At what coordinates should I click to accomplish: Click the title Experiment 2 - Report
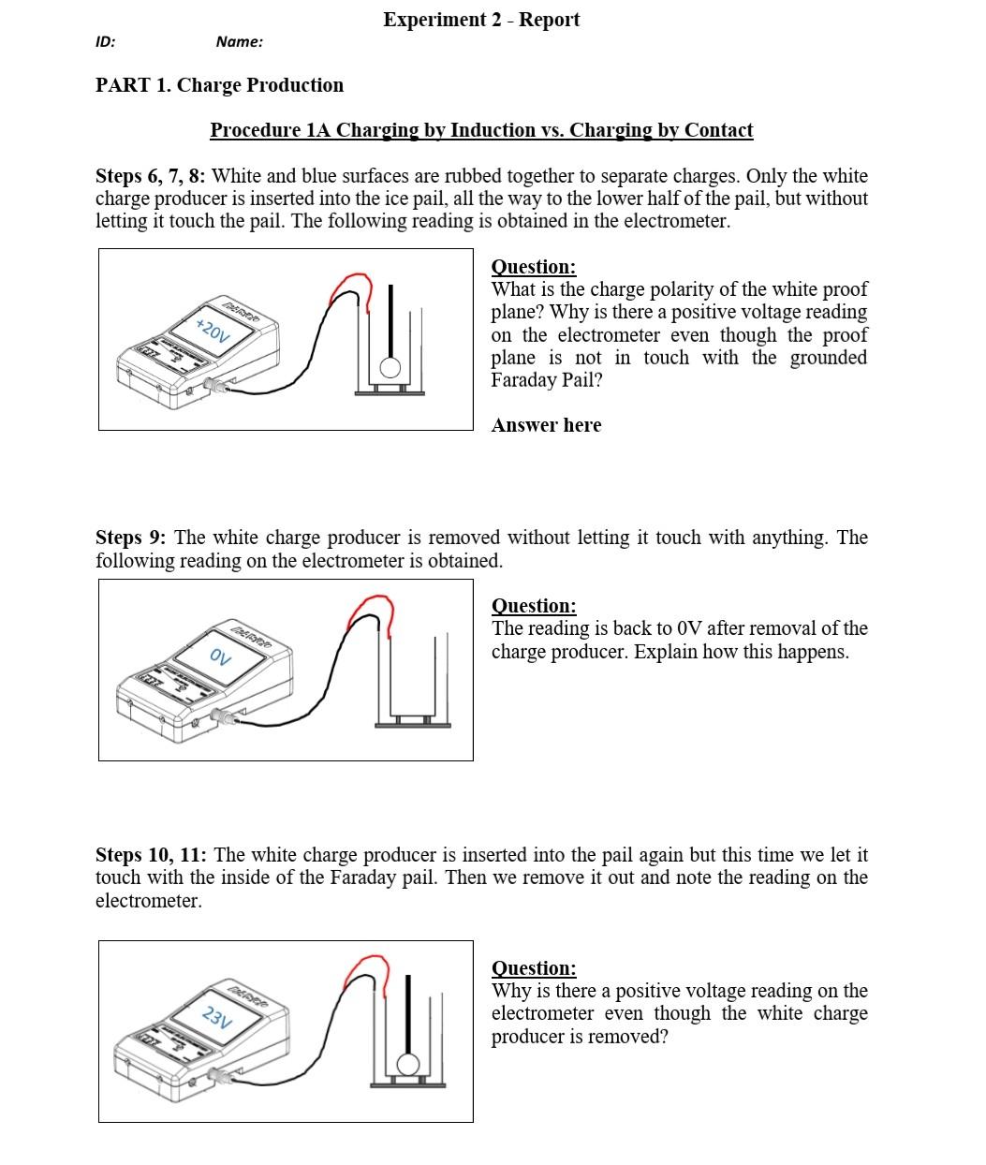(481, 20)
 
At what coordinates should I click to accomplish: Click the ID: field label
(106, 41)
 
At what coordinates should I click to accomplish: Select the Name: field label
(239, 41)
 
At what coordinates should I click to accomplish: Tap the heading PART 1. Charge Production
(219, 85)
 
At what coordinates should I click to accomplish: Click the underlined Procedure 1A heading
(481, 130)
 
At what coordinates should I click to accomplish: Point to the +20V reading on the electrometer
(213, 331)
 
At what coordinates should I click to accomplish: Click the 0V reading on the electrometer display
(220, 656)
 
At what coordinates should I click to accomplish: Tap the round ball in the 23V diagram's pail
(408, 1065)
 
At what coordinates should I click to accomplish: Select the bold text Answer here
(546, 425)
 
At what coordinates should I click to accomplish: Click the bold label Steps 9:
(131, 538)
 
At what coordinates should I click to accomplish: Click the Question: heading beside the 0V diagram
(534, 606)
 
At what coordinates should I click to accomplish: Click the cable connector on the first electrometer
(217, 385)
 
